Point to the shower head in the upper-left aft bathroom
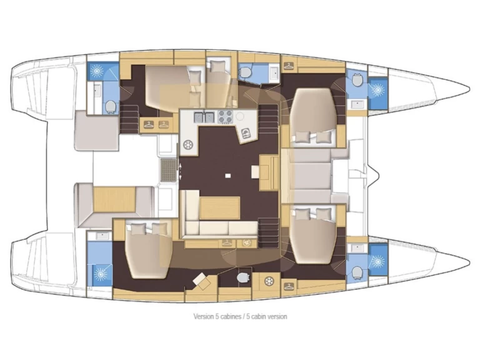[x=98, y=70]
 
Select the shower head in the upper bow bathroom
[x=377, y=89]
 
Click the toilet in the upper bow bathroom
[x=356, y=81]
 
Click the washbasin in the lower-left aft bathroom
[x=100, y=236]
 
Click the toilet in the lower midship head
[x=242, y=277]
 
